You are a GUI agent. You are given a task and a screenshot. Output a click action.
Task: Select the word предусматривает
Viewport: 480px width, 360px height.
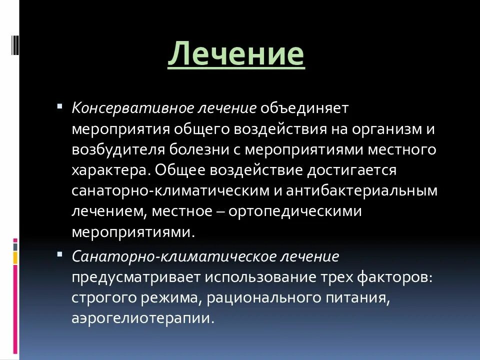135,277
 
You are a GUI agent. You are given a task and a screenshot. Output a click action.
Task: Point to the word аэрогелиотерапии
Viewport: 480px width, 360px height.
142,319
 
